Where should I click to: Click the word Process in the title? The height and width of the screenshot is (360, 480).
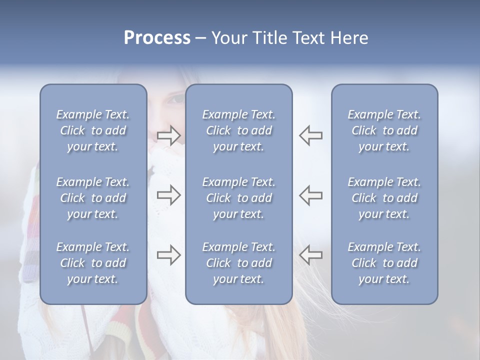[157, 38]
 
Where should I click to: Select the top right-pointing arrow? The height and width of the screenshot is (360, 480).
[169, 135]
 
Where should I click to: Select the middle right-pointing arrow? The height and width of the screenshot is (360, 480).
[169, 195]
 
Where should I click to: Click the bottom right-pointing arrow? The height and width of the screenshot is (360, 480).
[169, 254]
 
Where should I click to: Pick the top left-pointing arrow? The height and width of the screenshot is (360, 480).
[310, 135]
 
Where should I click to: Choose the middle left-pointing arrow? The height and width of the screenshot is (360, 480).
[310, 195]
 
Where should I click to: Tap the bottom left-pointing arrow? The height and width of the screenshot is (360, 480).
[310, 254]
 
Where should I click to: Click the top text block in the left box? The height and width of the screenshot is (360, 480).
[93, 130]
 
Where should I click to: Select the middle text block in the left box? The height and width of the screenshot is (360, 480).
[93, 198]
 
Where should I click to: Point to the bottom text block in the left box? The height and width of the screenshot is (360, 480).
[93, 263]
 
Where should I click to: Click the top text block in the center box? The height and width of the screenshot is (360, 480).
[238, 130]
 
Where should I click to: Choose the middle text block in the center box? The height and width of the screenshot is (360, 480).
[238, 198]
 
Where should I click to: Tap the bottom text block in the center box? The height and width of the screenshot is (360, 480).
[238, 263]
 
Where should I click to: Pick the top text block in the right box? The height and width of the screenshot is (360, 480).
[384, 130]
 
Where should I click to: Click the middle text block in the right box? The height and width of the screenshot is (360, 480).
[384, 198]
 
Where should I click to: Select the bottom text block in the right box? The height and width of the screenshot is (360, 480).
[384, 263]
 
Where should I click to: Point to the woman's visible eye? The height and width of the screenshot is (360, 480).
[176, 99]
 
